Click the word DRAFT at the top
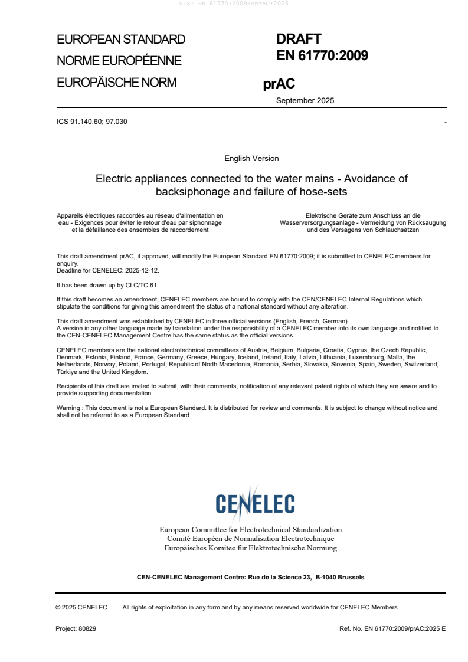299,39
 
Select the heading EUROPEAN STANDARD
121,40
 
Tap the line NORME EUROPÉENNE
119,61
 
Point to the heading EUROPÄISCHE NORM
116,83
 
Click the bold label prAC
279,84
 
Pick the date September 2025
305,100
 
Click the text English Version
251,159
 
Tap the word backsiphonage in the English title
188,191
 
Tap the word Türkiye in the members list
68,372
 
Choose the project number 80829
87,629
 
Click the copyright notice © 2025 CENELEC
81,607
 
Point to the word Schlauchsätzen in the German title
397,230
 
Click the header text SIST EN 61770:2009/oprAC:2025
234,4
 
